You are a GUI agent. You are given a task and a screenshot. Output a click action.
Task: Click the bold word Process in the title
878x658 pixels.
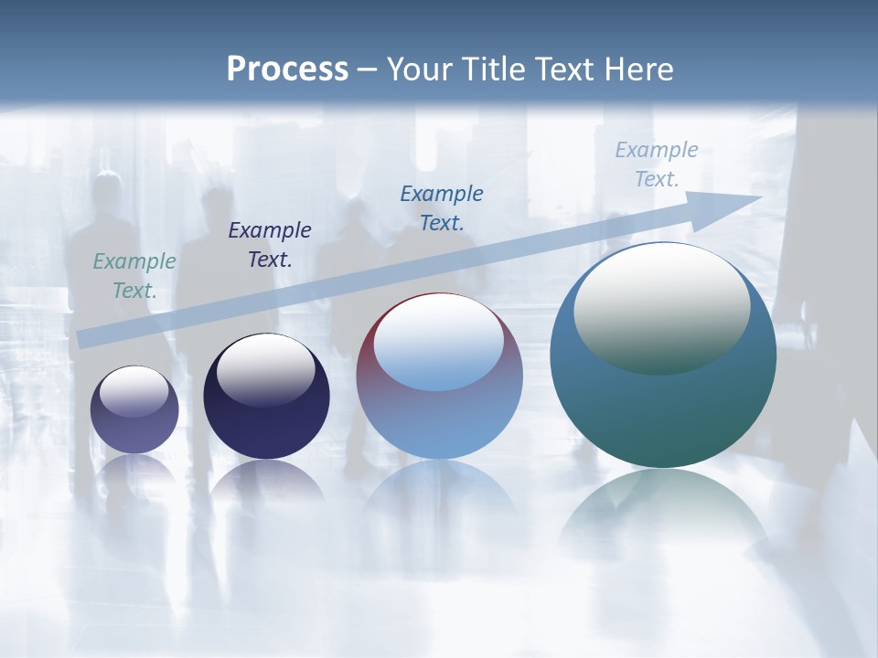point(287,69)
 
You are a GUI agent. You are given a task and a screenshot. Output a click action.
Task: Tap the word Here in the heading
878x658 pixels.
point(640,69)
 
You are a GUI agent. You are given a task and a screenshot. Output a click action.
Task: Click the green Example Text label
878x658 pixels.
point(134,276)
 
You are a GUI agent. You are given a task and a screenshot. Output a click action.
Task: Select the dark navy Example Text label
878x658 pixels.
point(270,245)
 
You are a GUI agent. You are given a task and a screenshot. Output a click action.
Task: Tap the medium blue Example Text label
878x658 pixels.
point(442,208)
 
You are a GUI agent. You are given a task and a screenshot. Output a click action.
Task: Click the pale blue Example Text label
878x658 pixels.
point(657,164)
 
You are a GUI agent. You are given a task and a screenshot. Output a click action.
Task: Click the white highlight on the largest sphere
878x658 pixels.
point(661,306)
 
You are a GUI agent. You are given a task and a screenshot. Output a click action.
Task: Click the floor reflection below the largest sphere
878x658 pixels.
point(663,512)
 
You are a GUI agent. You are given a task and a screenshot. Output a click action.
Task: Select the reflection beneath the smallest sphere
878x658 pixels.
point(134,471)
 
